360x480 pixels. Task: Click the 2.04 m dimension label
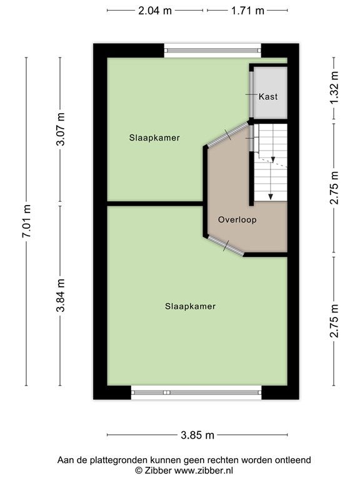click(155, 11)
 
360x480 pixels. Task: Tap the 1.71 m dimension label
click(247, 11)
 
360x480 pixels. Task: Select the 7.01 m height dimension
click(27, 221)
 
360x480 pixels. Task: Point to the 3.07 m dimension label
click(60, 129)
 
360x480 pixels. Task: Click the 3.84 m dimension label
click(60, 295)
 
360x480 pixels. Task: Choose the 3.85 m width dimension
click(197, 435)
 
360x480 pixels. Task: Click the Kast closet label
click(268, 97)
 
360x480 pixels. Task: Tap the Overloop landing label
click(237, 220)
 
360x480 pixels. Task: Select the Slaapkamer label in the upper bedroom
click(154, 137)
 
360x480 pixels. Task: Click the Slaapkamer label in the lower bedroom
click(190, 306)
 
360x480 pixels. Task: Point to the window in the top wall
click(212, 51)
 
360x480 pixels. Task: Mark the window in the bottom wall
click(196, 392)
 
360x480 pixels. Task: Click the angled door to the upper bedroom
click(228, 134)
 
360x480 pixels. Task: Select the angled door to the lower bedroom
click(226, 246)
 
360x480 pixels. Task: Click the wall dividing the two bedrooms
click(155, 204)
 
